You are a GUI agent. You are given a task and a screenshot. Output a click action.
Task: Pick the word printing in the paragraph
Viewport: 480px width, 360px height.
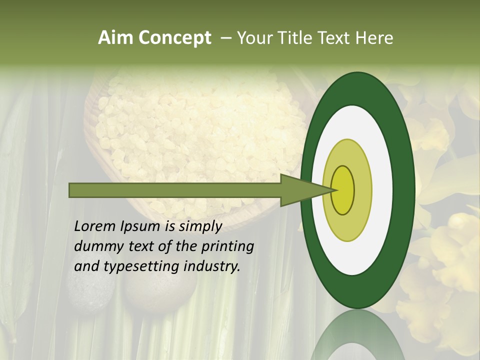coord(228,247)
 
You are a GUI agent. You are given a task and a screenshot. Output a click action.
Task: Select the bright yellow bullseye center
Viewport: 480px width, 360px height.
coord(343,190)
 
